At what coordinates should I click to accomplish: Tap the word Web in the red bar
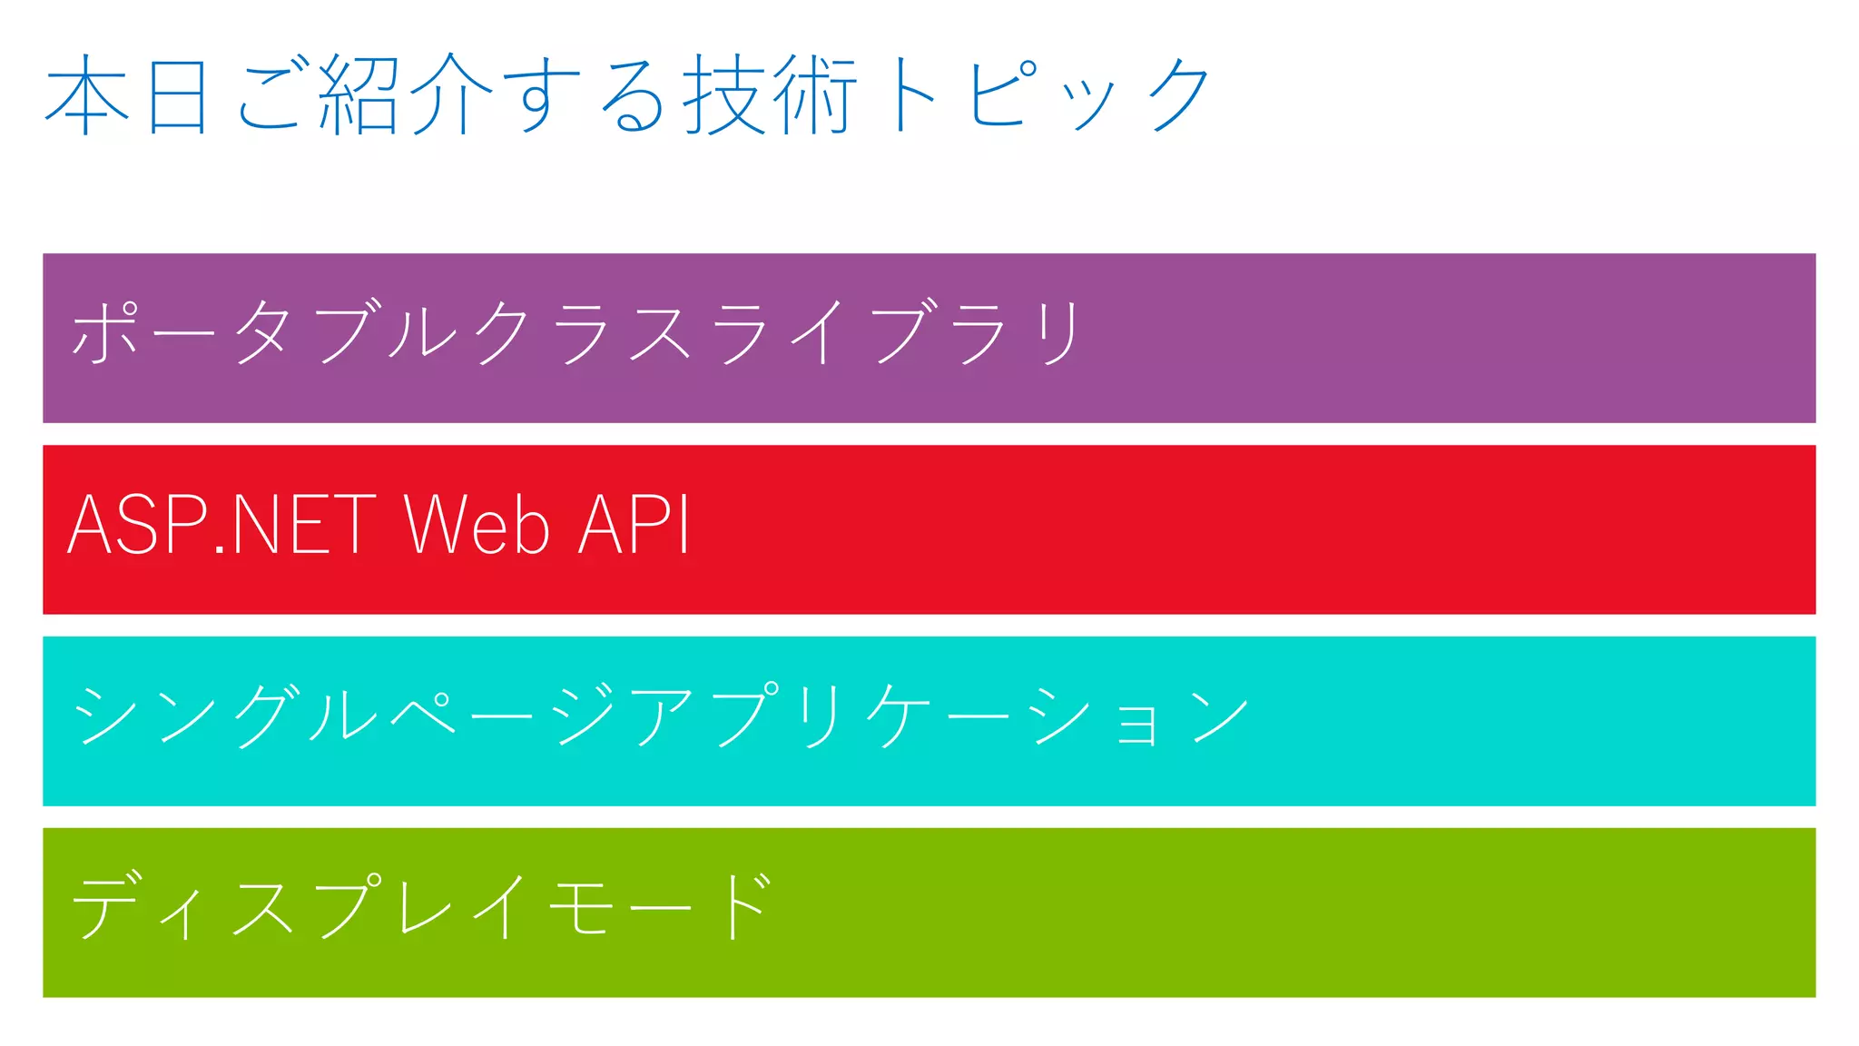click(x=477, y=525)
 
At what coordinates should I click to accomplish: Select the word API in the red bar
click(x=634, y=525)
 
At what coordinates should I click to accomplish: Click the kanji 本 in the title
click(x=86, y=94)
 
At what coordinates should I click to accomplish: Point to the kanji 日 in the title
click(x=178, y=94)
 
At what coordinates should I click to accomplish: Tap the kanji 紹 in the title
click(x=359, y=94)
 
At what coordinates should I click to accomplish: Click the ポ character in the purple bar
click(x=105, y=332)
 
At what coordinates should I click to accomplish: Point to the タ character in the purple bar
click(x=264, y=332)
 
